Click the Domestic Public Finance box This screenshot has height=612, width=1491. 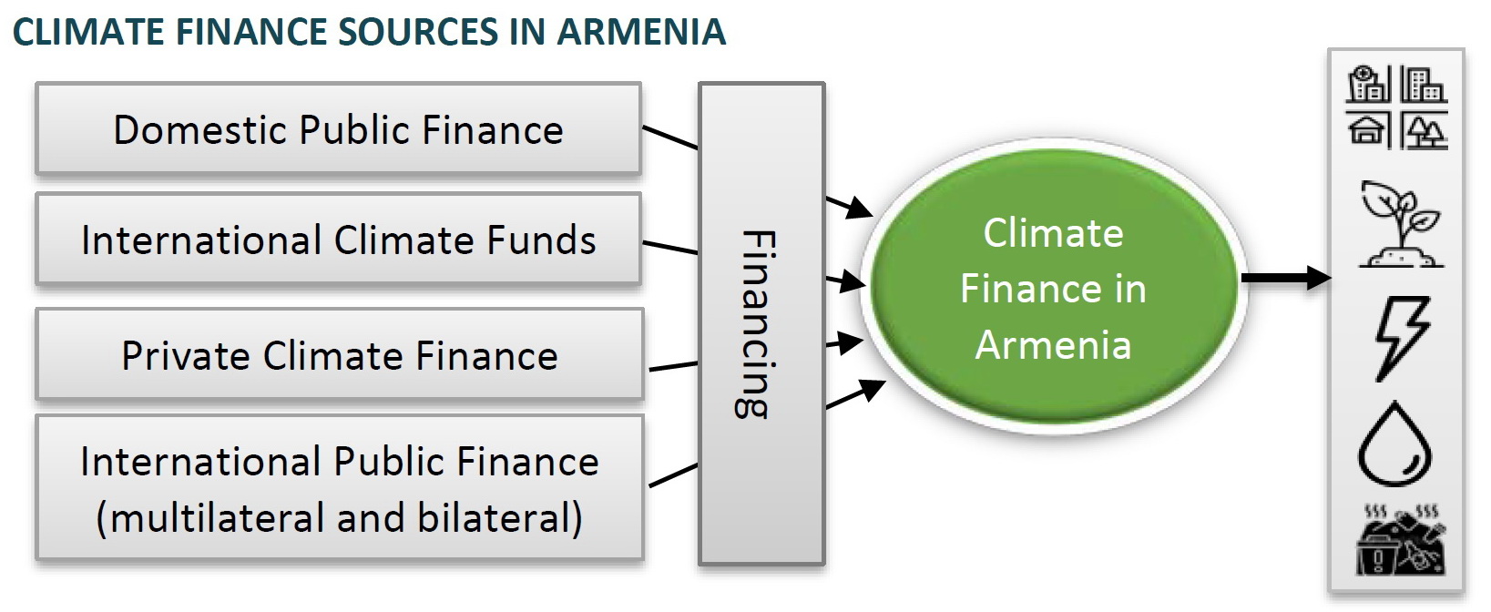(338, 128)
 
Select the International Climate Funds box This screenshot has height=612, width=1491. (338, 239)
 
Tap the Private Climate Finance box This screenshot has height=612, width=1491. (340, 354)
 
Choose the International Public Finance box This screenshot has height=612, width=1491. (340, 487)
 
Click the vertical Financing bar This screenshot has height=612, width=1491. (761, 324)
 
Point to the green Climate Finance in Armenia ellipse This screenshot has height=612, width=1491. (1053, 288)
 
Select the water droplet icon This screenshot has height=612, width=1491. (1394, 444)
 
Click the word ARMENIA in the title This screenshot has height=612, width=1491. (641, 32)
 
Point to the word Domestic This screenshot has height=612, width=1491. (199, 129)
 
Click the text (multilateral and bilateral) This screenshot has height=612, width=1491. (340, 518)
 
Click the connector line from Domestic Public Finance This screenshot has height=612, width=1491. (670, 137)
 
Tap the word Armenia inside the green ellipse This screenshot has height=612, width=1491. (1053, 344)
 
